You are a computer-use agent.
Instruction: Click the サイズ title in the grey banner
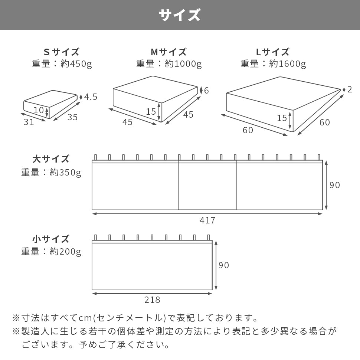click(x=180, y=15)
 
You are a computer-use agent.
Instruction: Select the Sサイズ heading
click(x=62, y=52)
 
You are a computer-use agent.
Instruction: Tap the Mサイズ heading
click(x=168, y=52)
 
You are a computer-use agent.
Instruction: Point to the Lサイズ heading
click(x=273, y=52)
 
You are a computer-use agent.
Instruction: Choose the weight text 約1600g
click(x=288, y=64)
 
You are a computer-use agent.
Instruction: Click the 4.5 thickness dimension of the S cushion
click(x=91, y=97)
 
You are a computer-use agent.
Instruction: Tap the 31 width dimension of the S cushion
click(x=29, y=122)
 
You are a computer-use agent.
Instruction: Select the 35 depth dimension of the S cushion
click(x=73, y=117)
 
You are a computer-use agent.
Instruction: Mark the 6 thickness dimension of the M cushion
click(x=207, y=91)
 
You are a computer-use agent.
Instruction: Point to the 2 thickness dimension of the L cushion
click(x=350, y=90)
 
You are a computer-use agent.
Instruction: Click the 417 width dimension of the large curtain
click(x=207, y=220)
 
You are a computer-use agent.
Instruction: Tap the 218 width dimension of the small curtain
click(x=152, y=300)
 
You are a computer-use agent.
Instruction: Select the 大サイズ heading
click(x=51, y=159)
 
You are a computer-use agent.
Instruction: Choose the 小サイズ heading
click(x=51, y=239)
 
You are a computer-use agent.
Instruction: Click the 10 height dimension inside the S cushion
click(x=39, y=110)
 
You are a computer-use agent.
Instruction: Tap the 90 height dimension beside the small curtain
click(x=224, y=265)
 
